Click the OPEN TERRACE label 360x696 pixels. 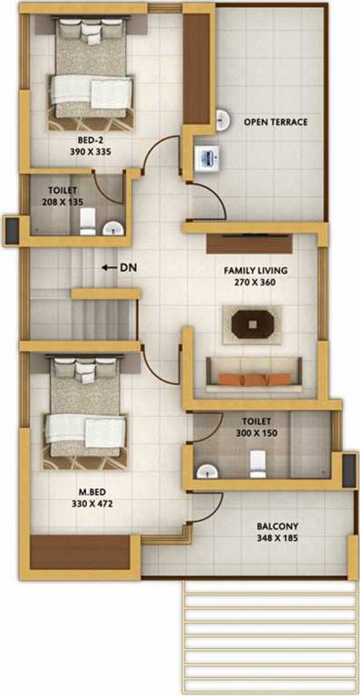point(276,121)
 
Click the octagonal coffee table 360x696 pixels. point(252,322)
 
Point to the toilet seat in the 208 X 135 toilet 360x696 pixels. point(88,221)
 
